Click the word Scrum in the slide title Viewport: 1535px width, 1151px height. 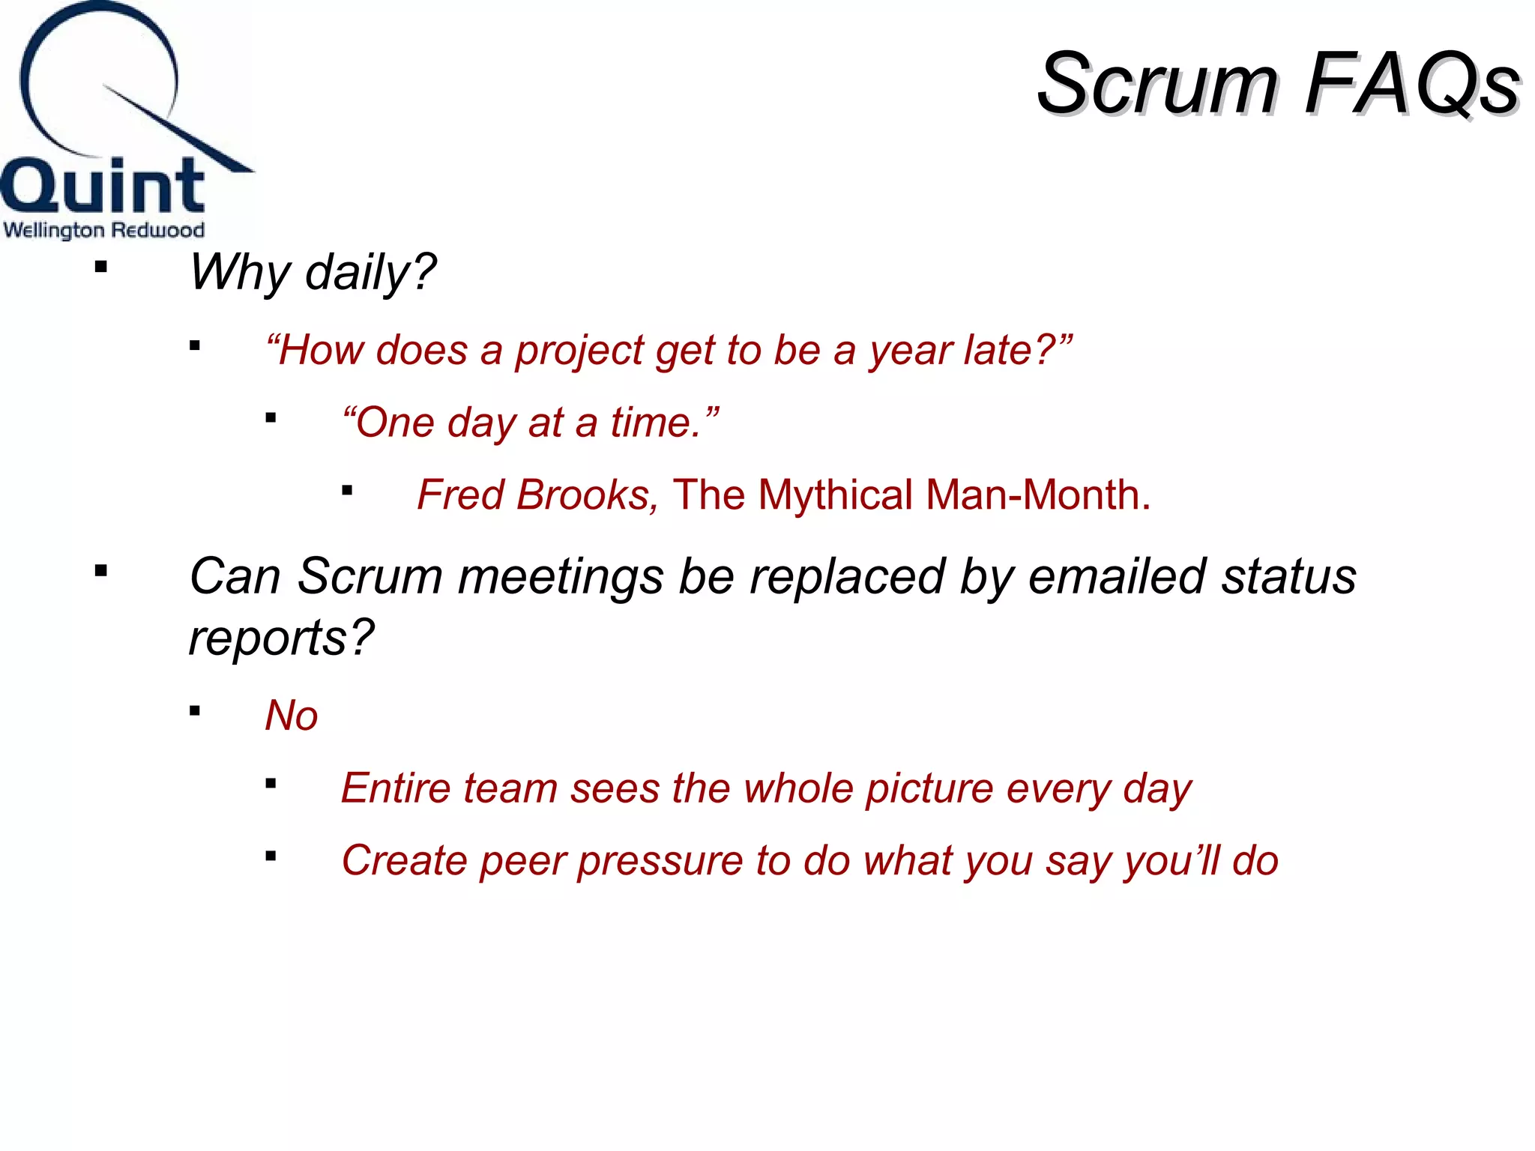pos(1158,84)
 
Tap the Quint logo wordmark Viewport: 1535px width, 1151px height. pos(103,186)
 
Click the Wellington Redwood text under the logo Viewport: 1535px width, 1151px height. pos(103,229)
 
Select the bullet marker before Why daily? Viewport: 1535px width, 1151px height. pos(101,267)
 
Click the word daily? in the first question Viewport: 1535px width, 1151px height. pos(370,272)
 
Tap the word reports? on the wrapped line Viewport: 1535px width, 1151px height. pos(281,638)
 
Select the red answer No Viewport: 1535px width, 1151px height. pos(292,716)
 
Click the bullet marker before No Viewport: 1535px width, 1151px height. pos(195,711)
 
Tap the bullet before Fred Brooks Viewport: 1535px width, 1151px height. pos(347,491)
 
